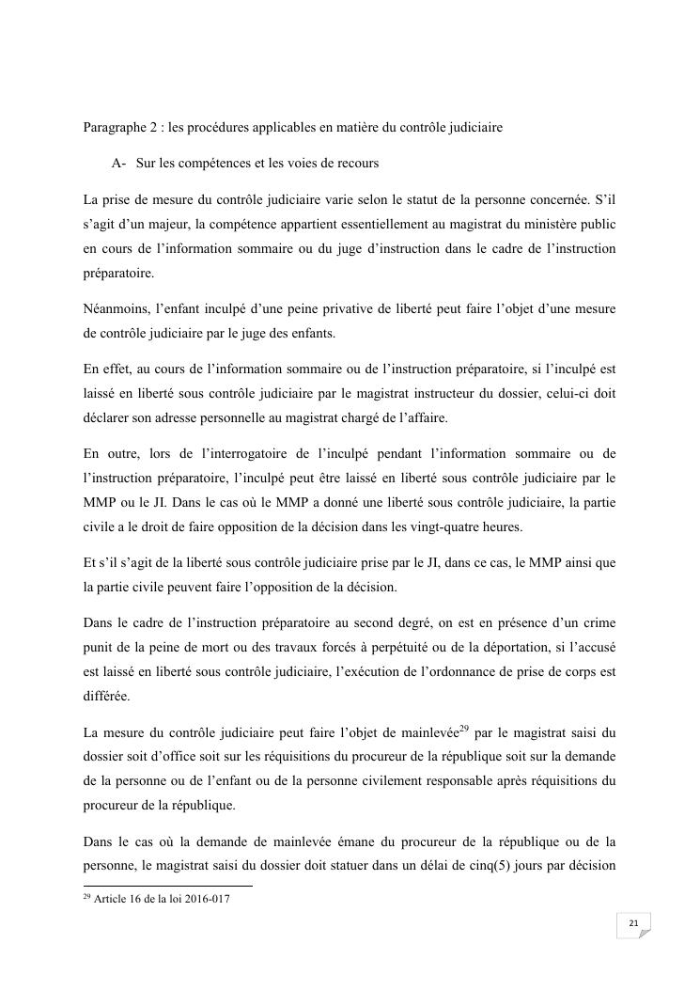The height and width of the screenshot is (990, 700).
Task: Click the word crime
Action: pyautogui.click(x=599, y=624)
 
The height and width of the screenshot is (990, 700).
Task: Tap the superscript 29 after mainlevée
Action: pyautogui.click(x=465, y=728)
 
